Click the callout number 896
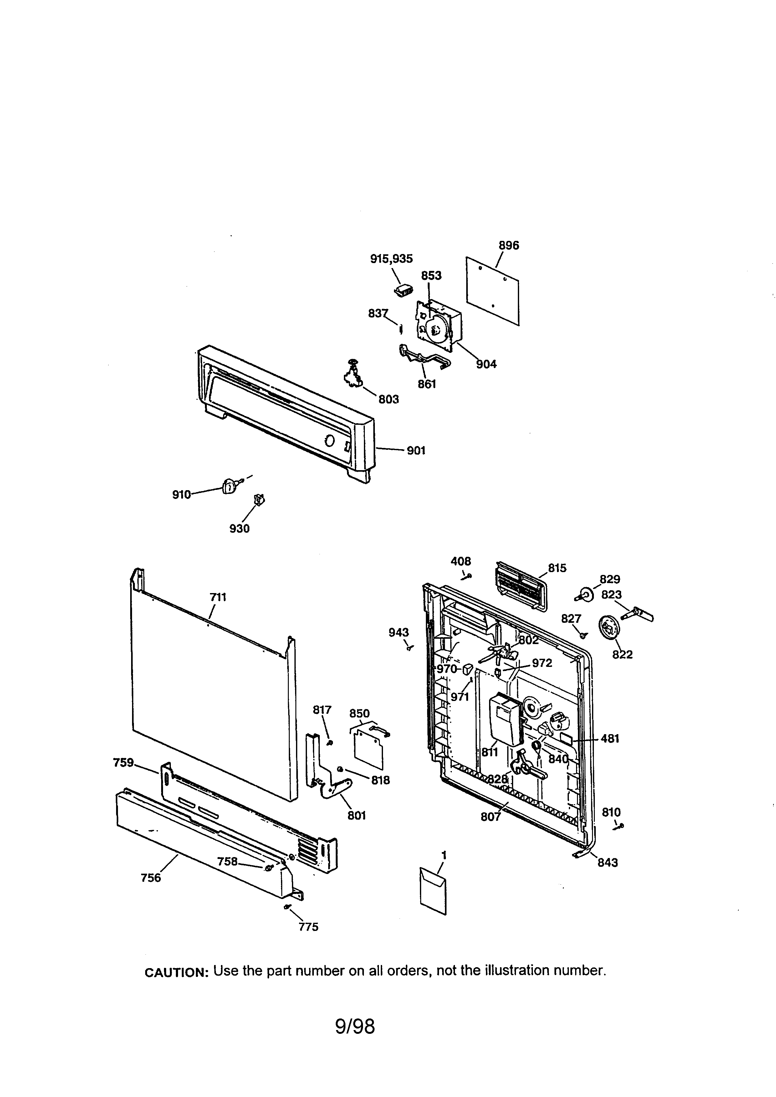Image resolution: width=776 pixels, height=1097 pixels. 508,246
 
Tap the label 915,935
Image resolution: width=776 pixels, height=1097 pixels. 391,258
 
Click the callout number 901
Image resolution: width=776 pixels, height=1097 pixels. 416,450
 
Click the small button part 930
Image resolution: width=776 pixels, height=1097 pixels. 259,500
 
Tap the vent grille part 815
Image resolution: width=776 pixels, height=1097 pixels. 521,586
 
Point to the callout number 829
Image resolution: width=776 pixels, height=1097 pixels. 610,579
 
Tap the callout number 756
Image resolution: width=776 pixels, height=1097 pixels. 151,878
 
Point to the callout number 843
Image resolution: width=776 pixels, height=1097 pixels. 607,862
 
